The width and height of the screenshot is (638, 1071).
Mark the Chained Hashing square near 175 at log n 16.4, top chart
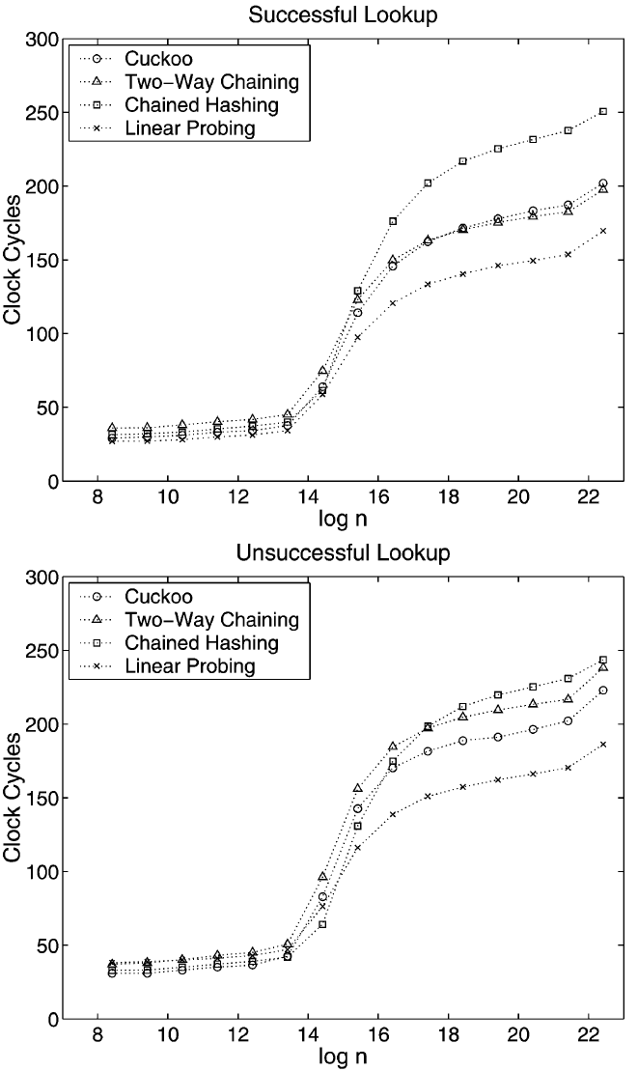click(x=393, y=221)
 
